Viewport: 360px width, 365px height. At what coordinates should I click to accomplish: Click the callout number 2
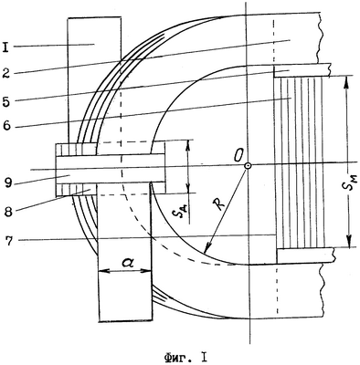6,74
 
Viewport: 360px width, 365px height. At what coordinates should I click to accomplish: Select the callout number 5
6,101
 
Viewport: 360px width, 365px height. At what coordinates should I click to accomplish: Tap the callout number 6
6,126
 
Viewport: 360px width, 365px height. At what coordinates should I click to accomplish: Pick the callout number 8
8,212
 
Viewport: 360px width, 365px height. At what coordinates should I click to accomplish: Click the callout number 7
10,240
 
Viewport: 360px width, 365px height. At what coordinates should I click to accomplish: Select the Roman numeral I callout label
5,48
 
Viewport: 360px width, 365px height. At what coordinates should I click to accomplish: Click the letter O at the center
238,157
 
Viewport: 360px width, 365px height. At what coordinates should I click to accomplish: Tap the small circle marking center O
248,166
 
